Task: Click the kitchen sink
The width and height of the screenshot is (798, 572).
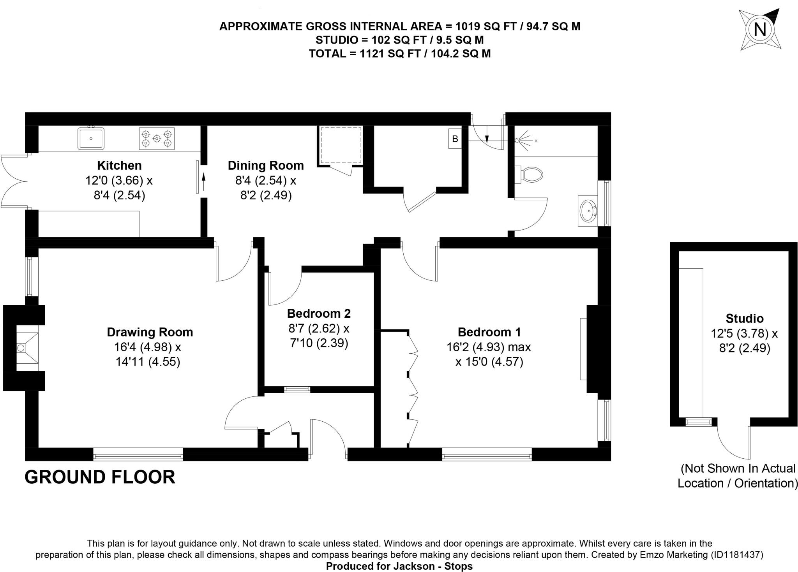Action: (91, 138)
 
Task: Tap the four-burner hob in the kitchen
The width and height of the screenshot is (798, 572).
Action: (157, 139)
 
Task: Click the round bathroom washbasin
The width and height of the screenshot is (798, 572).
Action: (588, 211)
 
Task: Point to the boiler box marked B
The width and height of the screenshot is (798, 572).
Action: (455, 139)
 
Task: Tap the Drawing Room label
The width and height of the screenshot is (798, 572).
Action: (150, 332)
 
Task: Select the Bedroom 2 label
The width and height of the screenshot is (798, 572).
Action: (319, 313)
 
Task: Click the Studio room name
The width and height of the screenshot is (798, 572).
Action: (744, 319)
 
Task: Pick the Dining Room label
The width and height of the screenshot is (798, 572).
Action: (265, 165)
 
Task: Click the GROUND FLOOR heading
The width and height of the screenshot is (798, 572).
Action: (100, 477)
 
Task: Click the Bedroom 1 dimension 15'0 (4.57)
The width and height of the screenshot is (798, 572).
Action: (489, 362)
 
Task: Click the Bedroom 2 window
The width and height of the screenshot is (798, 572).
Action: (297, 389)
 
